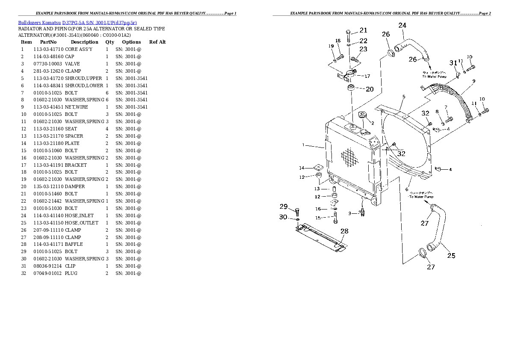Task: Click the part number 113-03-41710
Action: coord(48,49)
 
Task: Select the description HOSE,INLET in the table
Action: coord(79,215)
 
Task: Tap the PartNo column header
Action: coord(48,42)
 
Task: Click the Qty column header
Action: coord(109,42)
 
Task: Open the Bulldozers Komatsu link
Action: coord(39,22)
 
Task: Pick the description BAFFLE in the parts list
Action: coord(74,244)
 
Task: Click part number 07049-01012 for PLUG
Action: coord(48,273)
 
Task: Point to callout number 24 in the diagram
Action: coord(402,26)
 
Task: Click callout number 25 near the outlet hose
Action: coord(451,256)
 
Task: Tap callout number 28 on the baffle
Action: coord(344,231)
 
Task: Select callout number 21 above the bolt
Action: coord(363,30)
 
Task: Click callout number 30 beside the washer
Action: coord(283,217)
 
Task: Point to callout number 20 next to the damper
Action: coord(370,89)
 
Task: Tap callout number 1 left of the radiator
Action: coord(303,145)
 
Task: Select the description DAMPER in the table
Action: coord(75,186)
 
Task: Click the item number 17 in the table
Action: coord(23,165)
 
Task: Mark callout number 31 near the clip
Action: coord(453,64)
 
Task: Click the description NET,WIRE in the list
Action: coord(77,107)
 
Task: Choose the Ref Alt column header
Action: coord(157,42)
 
